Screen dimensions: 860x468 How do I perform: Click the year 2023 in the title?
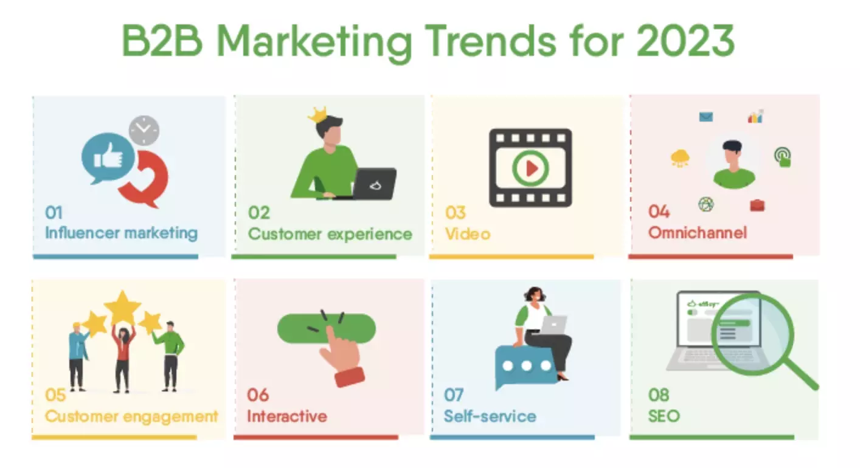[685, 41]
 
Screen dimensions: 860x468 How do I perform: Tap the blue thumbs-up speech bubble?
[108, 158]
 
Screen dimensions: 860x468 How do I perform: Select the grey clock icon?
[144, 131]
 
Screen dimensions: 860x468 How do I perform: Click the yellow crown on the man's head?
[318, 115]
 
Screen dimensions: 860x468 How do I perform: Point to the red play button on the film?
[532, 168]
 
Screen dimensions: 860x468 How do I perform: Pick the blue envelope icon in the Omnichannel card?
[706, 117]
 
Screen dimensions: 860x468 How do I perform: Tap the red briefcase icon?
[757, 205]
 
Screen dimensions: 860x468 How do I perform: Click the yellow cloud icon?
[680, 157]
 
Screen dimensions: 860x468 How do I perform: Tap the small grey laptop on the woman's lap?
[553, 325]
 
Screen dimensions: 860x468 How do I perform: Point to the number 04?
[659, 212]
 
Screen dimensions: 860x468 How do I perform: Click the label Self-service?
[490, 416]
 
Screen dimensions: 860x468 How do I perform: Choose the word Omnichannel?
[698, 233]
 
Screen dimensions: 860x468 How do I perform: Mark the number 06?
[258, 394]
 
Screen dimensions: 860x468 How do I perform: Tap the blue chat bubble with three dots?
[525, 366]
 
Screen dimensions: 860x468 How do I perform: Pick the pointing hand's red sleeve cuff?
[350, 377]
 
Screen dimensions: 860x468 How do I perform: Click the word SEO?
[664, 416]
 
